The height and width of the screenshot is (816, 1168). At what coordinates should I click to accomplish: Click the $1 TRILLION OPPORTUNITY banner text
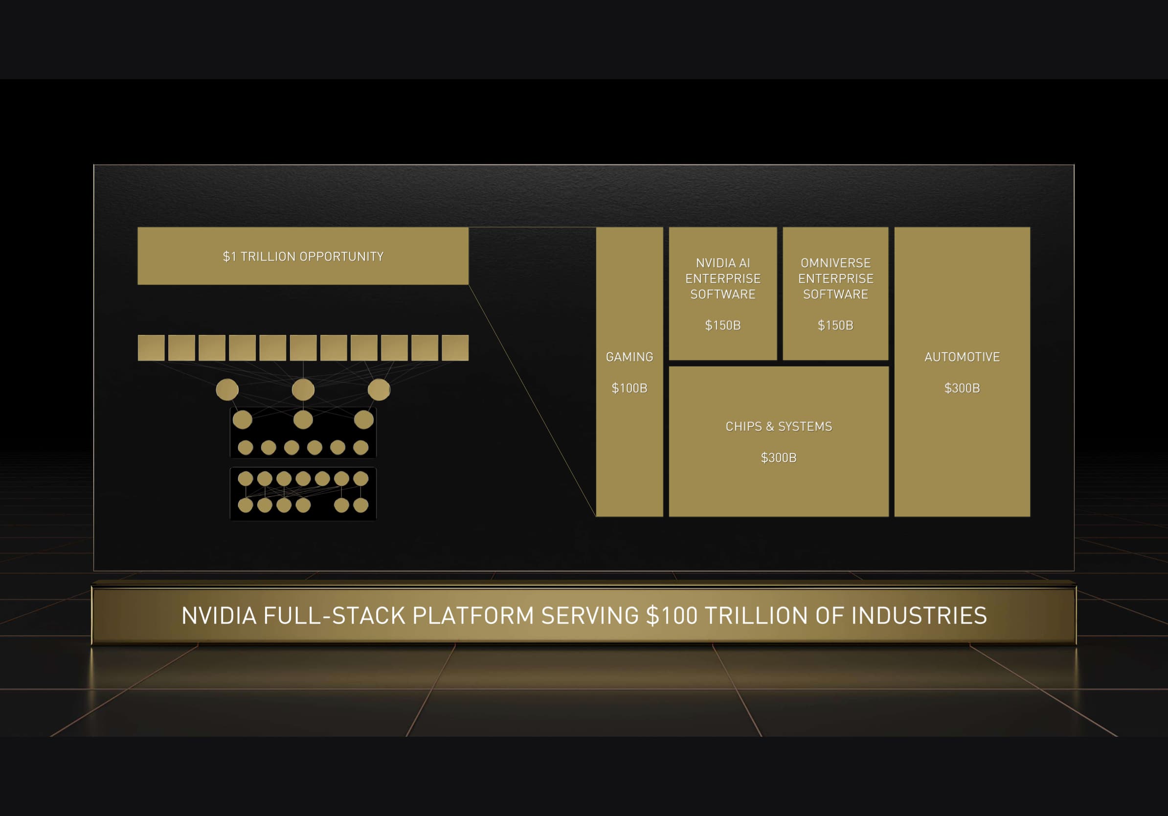pyautogui.click(x=303, y=256)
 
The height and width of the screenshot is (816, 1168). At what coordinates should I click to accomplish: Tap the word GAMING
pyautogui.click(x=629, y=357)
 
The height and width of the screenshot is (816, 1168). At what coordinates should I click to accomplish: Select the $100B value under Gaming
pyautogui.click(x=629, y=388)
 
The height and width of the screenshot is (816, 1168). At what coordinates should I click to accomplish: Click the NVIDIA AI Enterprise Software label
pyautogui.click(x=723, y=279)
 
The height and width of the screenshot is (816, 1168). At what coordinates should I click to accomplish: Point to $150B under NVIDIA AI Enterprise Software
pyautogui.click(x=723, y=326)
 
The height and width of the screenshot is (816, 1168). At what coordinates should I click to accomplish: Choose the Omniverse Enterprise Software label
pyautogui.click(x=836, y=279)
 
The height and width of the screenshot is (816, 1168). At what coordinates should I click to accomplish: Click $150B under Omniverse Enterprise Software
pyautogui.click(x=835, y=326)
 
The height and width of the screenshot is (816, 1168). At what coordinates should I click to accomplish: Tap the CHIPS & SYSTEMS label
pyautogui.click(x=779, y=426)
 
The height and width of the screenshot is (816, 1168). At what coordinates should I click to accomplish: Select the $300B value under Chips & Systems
pyautogui.click(x=779, y=458)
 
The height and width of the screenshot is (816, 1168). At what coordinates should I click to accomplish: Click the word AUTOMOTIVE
pyautogui.click(x=962, y=357)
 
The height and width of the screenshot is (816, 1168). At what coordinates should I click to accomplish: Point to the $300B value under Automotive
pyautogui.click(x=962, y=388)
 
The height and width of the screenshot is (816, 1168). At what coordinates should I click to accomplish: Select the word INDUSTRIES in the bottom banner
pyautogui.click(x=919, y=615)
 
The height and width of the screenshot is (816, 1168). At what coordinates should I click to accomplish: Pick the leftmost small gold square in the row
pyautogui.click(x=151, y=348)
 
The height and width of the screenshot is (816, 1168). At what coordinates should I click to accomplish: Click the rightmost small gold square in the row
pyautogui.click(x=455, y=348)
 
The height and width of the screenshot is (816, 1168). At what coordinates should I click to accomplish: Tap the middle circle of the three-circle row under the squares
pyautogui.click(x=303, y=390)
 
